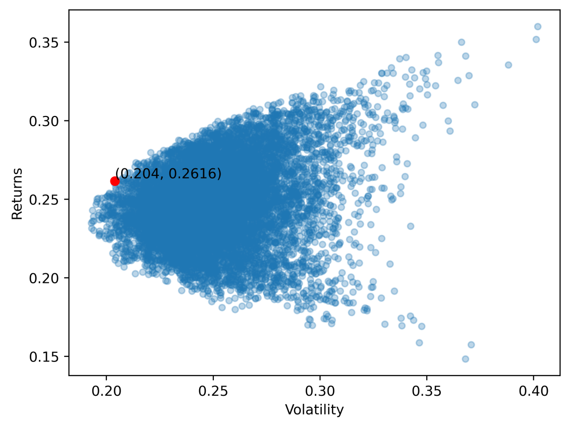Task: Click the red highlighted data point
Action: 115,181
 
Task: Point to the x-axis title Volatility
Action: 314,410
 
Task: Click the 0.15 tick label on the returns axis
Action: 42,356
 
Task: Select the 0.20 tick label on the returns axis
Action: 42,278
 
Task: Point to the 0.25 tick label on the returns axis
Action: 42,200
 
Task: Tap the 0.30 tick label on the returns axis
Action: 42,121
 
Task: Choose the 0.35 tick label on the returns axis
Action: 42,42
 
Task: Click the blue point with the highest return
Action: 538,26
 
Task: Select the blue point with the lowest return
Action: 465,359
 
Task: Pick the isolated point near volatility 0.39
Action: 508,65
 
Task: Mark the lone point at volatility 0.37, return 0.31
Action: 475,105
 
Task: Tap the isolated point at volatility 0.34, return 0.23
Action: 411,226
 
